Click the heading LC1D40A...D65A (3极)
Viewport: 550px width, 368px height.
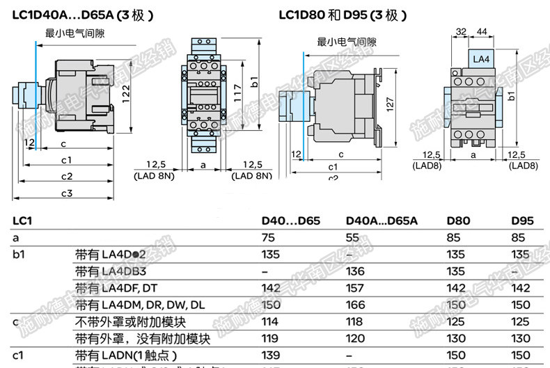(83, 15)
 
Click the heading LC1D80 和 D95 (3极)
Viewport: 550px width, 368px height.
(343, 15)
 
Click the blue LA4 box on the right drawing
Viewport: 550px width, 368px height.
(481, 60)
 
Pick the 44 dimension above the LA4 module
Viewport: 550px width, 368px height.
(480, 32)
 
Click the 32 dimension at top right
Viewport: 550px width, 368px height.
(459, 32)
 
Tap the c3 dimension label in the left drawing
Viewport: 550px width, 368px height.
(67, 193)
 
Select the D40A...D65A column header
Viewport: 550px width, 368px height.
(382, 222)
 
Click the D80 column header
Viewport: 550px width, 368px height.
(458, 222)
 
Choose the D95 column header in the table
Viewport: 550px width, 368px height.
(522, 222)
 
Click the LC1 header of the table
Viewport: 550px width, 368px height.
(22, 222)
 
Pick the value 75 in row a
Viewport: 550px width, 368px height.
(268, 238)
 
